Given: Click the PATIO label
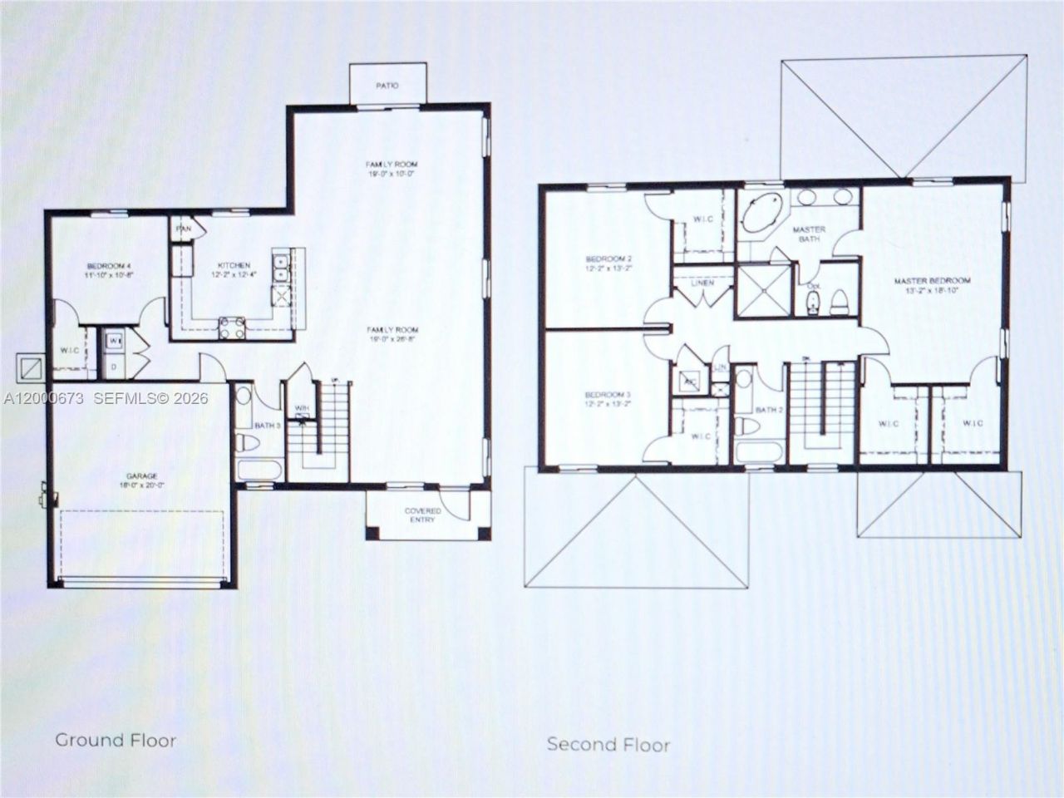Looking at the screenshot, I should (387, 86).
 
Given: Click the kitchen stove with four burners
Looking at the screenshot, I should (232, 328).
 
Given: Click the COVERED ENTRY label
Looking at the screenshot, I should (422, 515).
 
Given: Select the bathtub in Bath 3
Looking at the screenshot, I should (260, 470).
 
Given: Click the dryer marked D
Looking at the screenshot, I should (113, 366).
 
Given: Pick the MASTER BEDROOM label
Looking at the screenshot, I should (931, 281).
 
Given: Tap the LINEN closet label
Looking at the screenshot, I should (702, 283).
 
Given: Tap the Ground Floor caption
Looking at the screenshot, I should (116, 739).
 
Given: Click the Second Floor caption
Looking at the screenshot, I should (608, 744).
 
